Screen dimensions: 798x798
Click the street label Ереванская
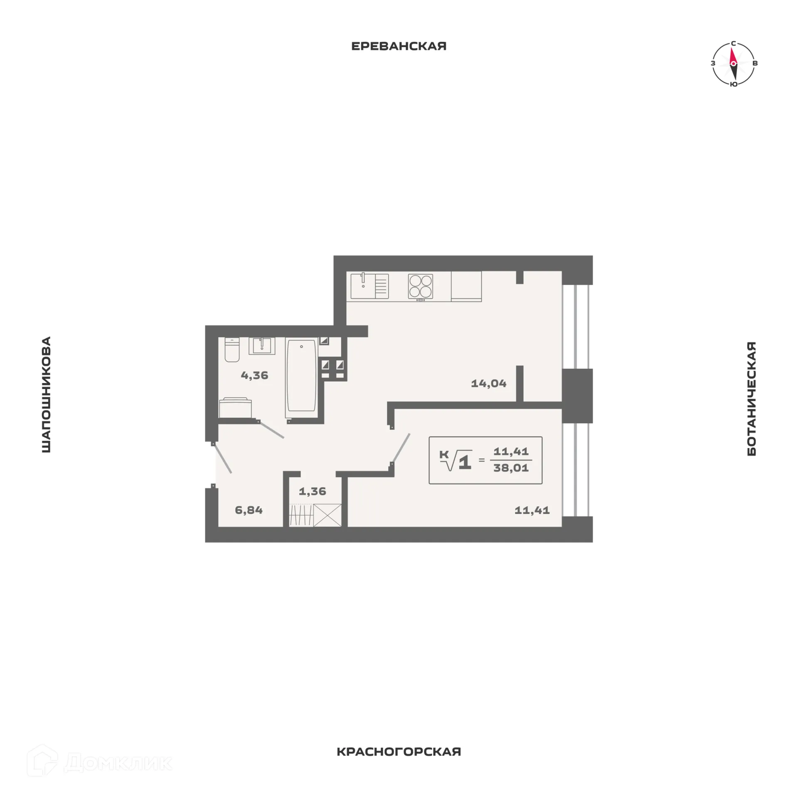point(399,46)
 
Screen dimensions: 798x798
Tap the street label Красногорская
point(399,751)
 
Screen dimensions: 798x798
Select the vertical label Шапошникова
point(46,394)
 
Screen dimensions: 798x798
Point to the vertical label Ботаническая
point(751,399)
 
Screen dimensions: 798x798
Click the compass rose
point(733,64)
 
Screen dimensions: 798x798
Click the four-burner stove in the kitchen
point(421,286)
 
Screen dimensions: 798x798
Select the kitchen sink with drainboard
point(369,286)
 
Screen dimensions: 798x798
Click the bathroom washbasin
point(262,346)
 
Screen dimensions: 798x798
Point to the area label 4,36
point(254,375)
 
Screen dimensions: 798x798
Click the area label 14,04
point(488,383)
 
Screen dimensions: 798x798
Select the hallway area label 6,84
point(249,510)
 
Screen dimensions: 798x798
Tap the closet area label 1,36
point(312,491)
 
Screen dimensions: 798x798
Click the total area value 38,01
point(511,468)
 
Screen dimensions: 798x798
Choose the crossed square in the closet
point(328,515)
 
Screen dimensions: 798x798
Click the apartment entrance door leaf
point(222,458)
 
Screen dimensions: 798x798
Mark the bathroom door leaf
point(271,429)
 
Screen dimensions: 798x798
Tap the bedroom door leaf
point(401,448)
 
